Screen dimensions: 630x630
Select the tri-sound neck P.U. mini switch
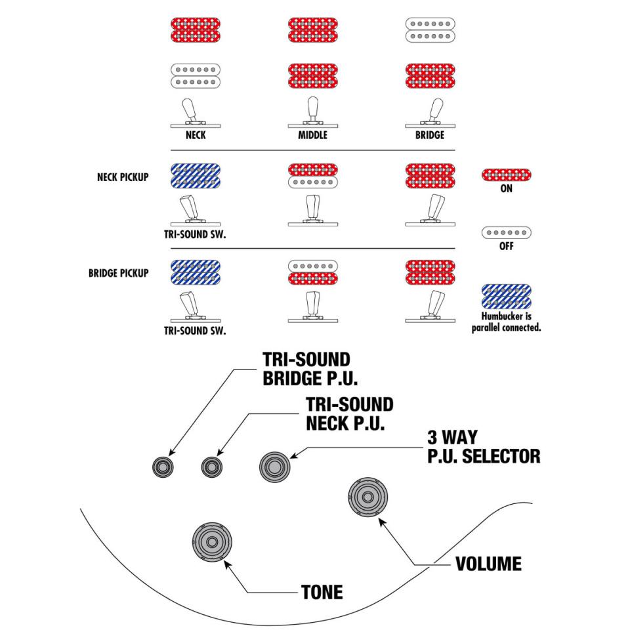211,467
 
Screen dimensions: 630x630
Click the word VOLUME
488,563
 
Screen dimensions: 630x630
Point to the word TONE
322,592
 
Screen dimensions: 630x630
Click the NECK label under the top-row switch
195,136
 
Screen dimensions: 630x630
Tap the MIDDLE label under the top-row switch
312,136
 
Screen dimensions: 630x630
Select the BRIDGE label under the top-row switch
430,136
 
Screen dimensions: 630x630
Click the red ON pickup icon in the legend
506,175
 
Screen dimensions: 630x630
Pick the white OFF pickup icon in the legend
506,233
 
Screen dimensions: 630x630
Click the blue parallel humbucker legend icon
506,297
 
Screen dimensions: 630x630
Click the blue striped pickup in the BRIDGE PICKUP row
195,274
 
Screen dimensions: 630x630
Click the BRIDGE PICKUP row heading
118,273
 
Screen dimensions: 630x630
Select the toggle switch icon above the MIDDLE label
312,112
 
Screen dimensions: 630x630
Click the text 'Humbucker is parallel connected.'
506,322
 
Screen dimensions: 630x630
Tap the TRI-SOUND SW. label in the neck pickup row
195,234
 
